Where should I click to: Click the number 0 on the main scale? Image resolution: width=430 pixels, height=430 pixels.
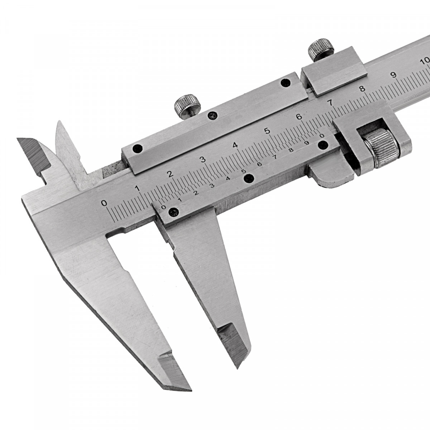coord(104,203)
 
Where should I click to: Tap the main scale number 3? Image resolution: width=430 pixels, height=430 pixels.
coord(202,160)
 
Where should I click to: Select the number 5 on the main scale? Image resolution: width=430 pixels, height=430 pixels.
coord(266,131)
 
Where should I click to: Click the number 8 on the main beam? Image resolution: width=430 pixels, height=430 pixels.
coord(363,89)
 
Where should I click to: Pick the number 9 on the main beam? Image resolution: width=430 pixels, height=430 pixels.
coord(395,75)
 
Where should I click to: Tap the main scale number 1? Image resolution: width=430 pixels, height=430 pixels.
coord(138,188)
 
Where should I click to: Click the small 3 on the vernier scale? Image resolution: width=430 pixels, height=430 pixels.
coord(212,185)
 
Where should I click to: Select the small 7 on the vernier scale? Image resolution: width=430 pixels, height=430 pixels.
coord(276,157)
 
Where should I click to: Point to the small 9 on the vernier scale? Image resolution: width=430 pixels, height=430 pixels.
coord(307,143)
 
